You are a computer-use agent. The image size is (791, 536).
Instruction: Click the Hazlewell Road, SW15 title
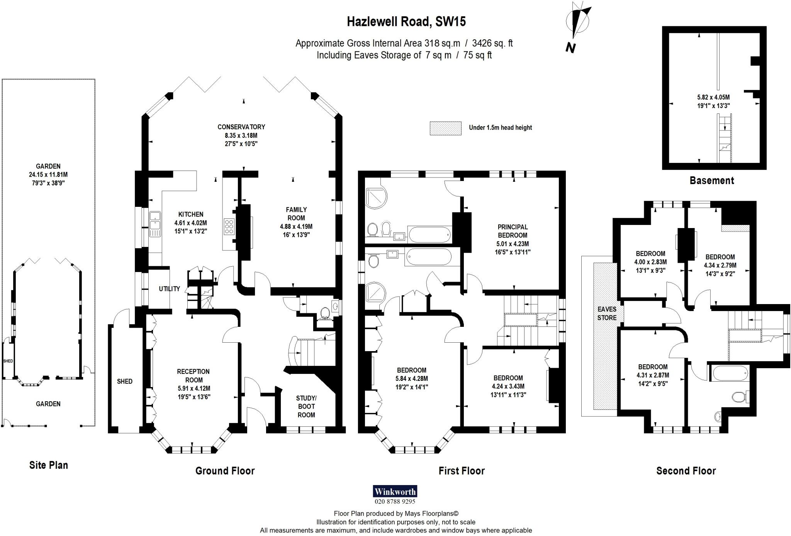(x=406, y=22)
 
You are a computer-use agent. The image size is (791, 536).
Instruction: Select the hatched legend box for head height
(x=445, y=128)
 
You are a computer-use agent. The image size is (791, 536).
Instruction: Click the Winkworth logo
(x=395, y=492)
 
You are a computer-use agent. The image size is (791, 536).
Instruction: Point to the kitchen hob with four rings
(x=229, y=227)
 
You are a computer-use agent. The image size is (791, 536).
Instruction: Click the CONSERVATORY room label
(x=241, y=127)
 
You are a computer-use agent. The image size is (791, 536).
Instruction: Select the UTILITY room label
(x=169, y=289)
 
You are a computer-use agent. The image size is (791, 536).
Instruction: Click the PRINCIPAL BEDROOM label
(x=512, y=231)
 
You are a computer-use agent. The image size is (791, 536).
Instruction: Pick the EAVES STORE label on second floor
(x=607, y=313)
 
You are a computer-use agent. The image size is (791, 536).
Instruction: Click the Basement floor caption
(x=711, y=180)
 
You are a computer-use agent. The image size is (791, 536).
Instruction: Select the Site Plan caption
(x=48, y=465)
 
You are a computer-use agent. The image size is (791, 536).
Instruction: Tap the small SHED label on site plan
(x=8, y=361)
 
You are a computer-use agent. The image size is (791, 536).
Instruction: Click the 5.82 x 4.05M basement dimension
(x=713, y=98)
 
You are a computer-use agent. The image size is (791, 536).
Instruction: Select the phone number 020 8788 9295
(x=395, y=502)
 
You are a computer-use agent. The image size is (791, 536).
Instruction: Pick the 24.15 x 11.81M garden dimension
(x=48, y=174)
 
